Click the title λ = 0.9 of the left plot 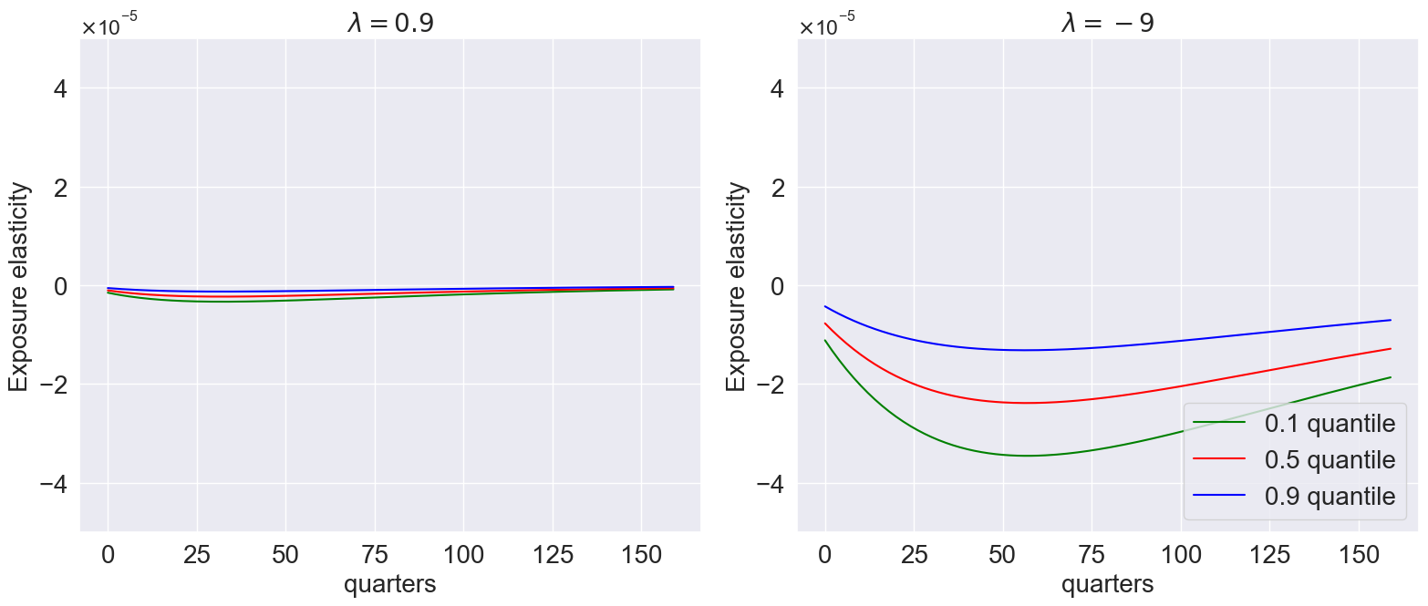click(x=390, y=22)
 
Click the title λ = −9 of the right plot click(x=1108, y=22)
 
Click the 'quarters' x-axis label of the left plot click(x=390, y=584)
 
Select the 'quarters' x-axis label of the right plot click(x=1108, y=584)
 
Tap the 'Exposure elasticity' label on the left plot click(x=20, y=286)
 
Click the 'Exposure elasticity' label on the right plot click(x=737, y=286)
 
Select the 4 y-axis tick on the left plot click(x=57, y=88)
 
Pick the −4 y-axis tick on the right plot click(x=769, y=483)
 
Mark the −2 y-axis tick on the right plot click(x=769, y=385)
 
